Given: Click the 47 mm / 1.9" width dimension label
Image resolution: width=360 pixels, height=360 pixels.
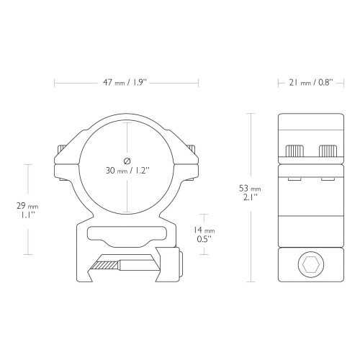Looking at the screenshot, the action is [x=125, y=83].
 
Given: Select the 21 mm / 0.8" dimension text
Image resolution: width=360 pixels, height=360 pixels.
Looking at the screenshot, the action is [x=311, y=83].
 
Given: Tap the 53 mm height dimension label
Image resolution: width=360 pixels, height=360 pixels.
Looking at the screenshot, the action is [x=250, y=189].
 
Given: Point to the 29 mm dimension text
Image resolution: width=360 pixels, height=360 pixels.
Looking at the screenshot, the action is [x=27, y=206].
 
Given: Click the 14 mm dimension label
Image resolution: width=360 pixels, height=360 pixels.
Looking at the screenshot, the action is [x=204, y=230].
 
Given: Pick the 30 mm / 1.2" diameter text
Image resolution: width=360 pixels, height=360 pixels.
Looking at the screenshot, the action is [x=127, y=171].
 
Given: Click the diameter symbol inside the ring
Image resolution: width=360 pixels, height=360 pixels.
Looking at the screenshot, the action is [x=127, y=161].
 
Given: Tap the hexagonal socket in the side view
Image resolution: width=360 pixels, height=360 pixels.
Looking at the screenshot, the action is [x=311, y=265].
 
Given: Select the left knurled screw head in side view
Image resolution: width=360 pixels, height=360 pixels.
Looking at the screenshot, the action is [x=294, y=151].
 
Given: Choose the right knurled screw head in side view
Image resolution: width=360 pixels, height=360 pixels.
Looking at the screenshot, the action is [x=328, y=151].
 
